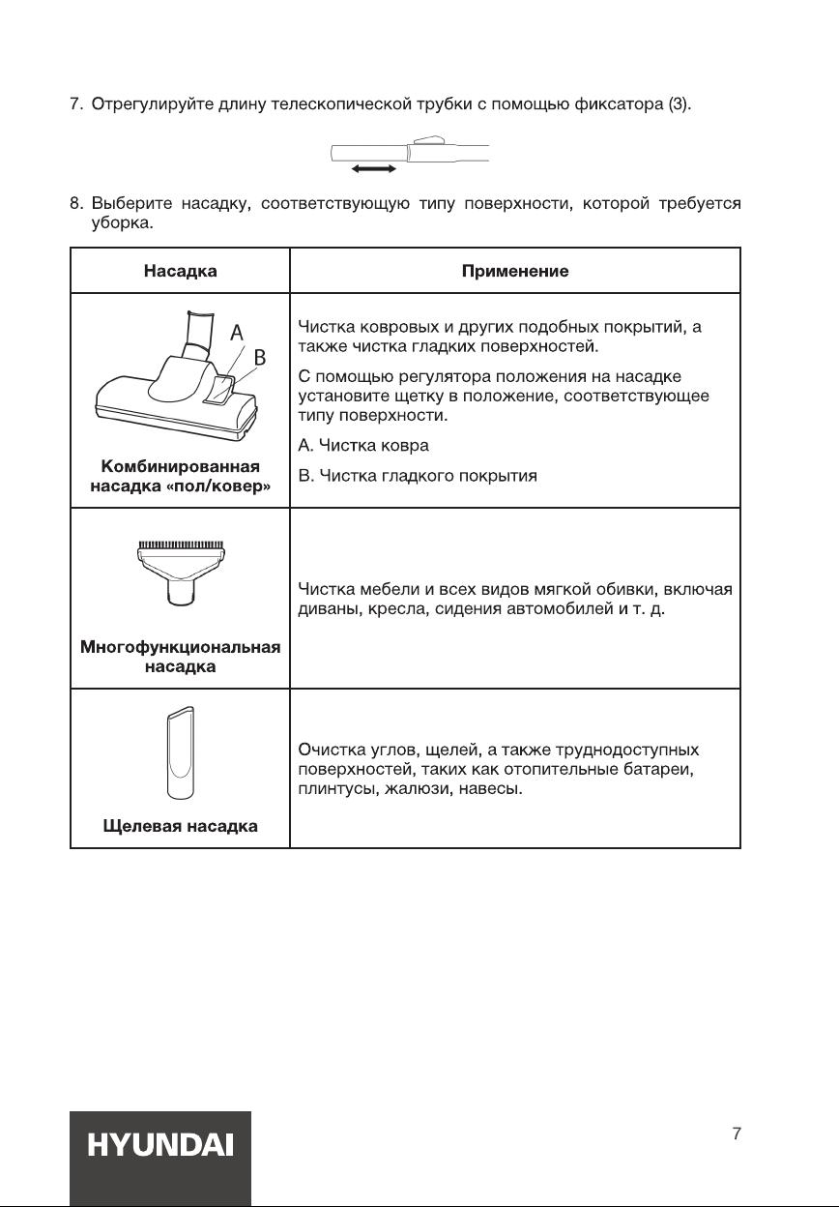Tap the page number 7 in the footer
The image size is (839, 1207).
(x=738, y=1133)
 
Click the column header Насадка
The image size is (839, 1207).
(x=180, y=272)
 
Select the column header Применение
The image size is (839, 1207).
(x=515, y=272)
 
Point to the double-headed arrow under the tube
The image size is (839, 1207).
(x=373, y=169)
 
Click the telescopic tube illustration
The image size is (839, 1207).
(x=409, y=152)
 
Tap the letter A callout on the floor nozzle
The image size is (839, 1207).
(x=236, y=333)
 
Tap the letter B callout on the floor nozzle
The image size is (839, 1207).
(x=259, y=358)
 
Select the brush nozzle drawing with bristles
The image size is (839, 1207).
(x=180, y=573)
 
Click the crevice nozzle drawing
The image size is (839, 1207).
(x=180, y=753)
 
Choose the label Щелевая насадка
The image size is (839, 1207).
(x=180, y=826)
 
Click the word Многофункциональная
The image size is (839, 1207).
(x=180, y=647)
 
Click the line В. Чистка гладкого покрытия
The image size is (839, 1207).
(x=418, y=476)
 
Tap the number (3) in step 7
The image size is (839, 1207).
(x=680, y=104)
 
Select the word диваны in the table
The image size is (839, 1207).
(x=325, y=608)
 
